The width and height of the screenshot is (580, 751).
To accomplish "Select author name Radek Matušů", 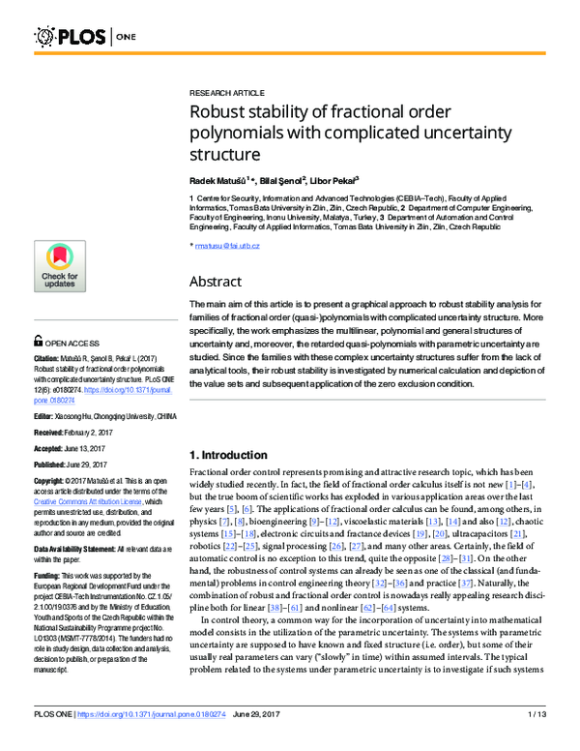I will (217, 180).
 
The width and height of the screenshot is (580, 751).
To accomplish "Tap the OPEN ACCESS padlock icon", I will (39, 342).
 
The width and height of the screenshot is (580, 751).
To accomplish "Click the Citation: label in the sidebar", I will (49, 358).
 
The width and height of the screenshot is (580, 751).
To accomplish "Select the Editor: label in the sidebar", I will (46, 415).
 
